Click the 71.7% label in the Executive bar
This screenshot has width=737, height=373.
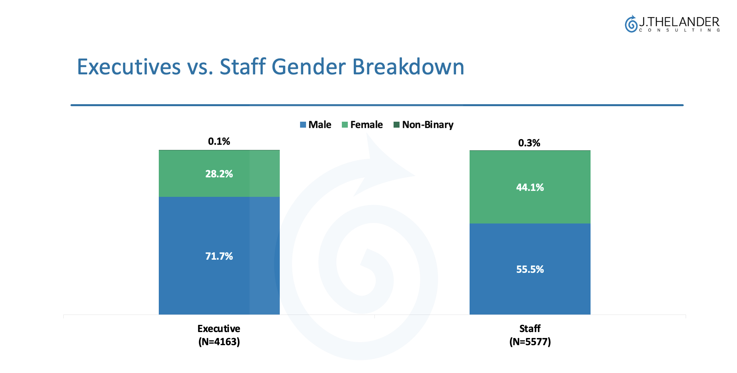click(x=219, y=256)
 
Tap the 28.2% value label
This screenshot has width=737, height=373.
click(x=219, y=174)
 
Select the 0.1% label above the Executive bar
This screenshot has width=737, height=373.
click(x=219, y=141)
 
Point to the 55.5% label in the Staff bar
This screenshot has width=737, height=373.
click(x=530, y=269)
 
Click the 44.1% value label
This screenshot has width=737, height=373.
click(x=530, y=187)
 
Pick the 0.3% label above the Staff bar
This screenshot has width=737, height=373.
click(x=529, y=143)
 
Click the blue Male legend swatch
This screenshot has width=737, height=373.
click(x=303, y=125)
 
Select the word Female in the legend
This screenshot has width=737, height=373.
click(x=366, y=125)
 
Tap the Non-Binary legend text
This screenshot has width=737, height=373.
click(x=427, y=125)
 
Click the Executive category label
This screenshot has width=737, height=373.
click(x=219, y=328)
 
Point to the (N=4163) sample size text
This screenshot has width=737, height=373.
click(x=219, y=342)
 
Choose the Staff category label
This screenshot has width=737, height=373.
click(x=530, y=328)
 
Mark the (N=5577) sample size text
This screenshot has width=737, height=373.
click(x=530, y=342)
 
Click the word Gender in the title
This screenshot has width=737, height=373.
click(x=308, y=67)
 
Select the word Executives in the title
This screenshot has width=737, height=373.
click(x=129, y=67)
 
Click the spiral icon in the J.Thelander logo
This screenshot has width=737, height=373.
click(x=631, y=24)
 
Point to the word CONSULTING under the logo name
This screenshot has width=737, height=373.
click(x=679, y=30)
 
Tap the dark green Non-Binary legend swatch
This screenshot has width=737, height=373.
click(x=396, y=125)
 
